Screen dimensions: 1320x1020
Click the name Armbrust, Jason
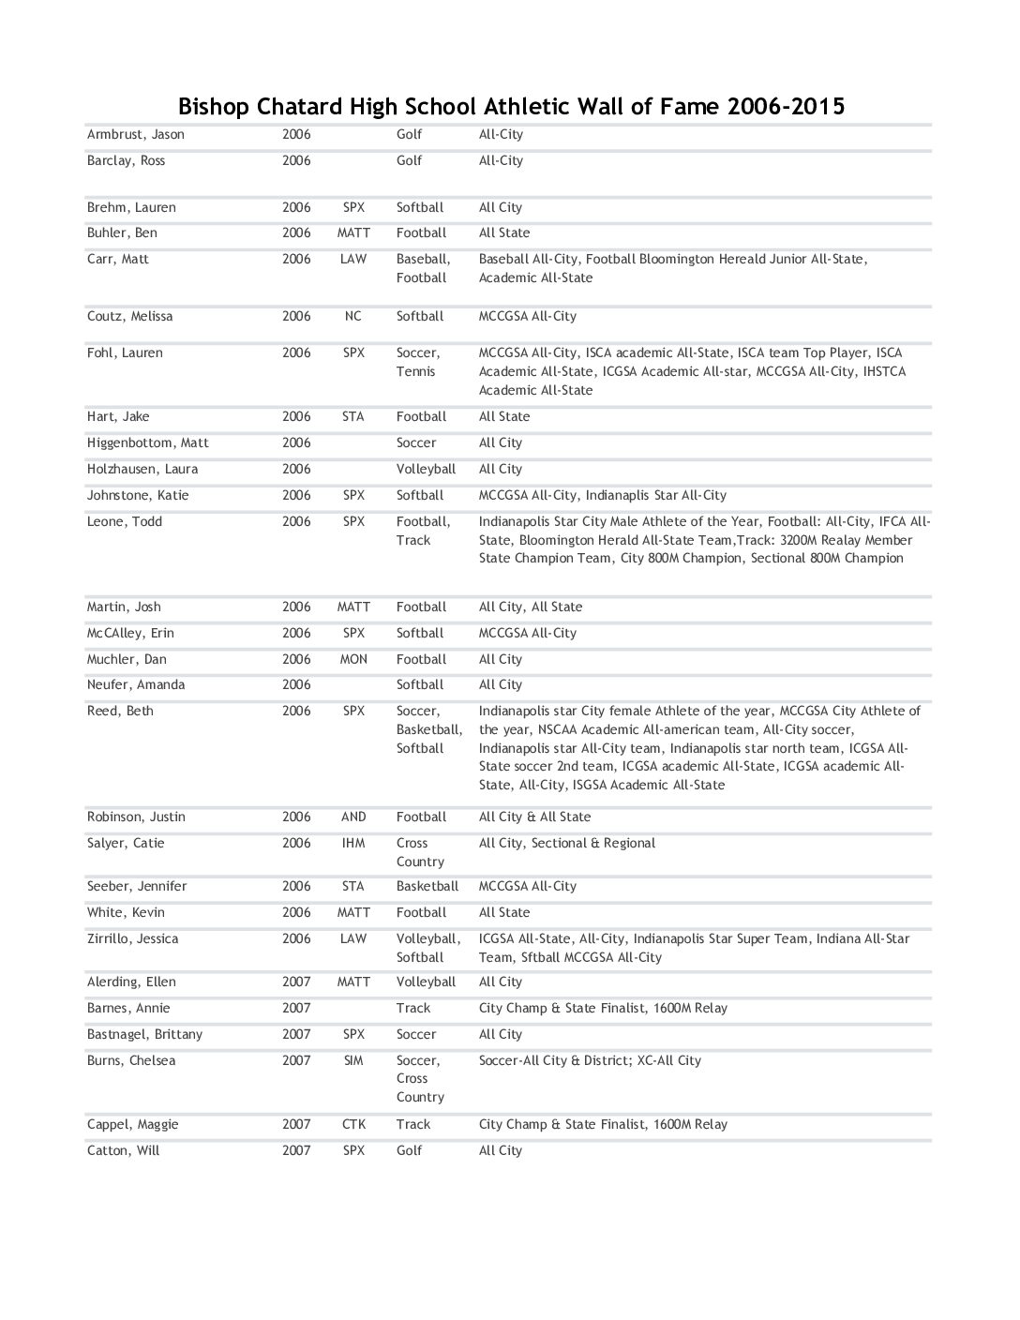pyautogui.click(x=136, y=135)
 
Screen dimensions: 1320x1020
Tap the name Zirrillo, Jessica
pyautogui.click(x=132, y=939)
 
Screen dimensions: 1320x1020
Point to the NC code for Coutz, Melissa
pyautogui.click(x=353, y=317)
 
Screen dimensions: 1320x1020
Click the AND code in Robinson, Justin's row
pyautogui.click(x=353, y=817)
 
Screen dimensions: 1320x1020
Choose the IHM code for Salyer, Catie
pyautogui.click(x=353, y=844)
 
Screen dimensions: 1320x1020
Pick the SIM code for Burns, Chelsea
pyautogui.click(x=353, y=1061)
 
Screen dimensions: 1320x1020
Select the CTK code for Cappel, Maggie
pyautogui.click(x=353, y=1125)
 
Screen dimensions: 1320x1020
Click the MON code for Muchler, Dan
pyautogui.click(x=353, y=660)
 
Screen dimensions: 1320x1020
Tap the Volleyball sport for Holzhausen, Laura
pyautogui.click(x=426, y=470)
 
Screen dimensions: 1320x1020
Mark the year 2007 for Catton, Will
pyautogui.click(x=296, y=1151)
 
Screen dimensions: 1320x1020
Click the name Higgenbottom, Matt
pyautogui.click(x=148, y=443)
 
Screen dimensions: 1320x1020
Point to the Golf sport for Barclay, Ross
pyautogui.click(x=409, y=161)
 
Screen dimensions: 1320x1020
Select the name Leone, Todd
pyautogui.click(x=125, y=522)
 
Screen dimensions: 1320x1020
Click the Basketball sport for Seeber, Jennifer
pyautogui.click(x=427, y=887)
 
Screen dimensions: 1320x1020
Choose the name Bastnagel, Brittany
pyautogui.click(x=144, y=1035)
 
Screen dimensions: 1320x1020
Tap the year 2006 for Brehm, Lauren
pyautogui.click(x=296, y=208)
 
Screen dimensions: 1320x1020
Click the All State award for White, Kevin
pyautogui.click(x=504, y=913)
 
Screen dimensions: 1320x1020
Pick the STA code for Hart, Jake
pyautogui.click(x=353, y=417)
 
